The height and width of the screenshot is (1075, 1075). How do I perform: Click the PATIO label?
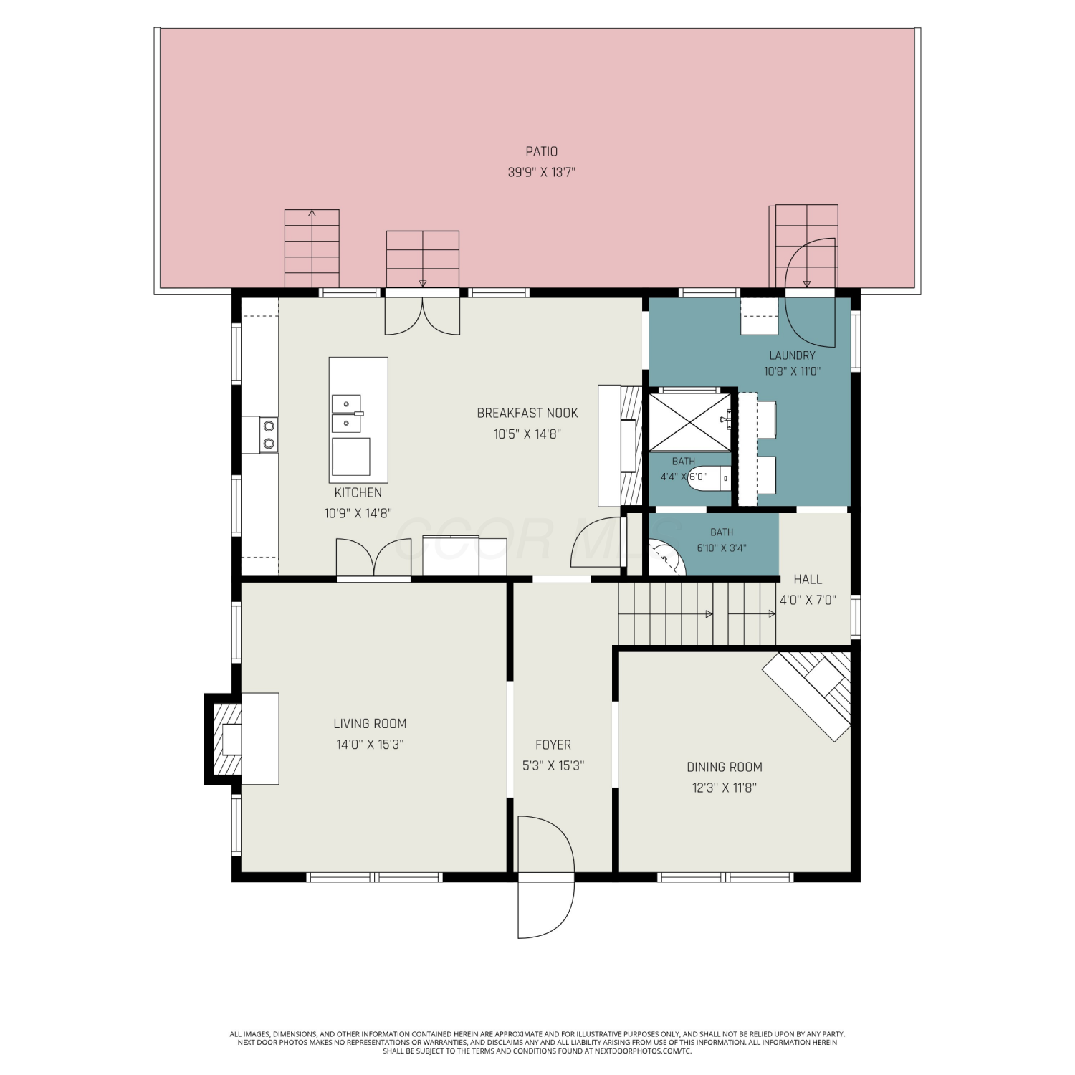[541, 151]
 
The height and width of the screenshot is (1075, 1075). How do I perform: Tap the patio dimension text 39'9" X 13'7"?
[542, 172]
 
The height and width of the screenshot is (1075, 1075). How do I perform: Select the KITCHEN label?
[358, 492]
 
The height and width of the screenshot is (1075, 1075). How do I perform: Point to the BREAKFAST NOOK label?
[527, 413]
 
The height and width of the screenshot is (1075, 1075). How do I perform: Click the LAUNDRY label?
[792, 355]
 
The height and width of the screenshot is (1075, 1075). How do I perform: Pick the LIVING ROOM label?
[370, 724]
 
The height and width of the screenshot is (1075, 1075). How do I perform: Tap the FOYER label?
[553, 745]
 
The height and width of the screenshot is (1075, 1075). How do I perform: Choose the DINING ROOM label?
[725, 767]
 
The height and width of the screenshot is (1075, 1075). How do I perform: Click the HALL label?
[808, 579]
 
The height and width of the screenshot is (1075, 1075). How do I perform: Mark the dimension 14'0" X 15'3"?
[370, 745]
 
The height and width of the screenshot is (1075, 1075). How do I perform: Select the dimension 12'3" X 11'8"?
[725, 788]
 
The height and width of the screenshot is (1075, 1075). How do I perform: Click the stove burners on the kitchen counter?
[269, 435]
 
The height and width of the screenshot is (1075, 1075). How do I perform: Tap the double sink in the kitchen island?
[347, 414]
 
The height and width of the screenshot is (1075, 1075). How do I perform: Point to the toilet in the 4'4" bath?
[709, 477]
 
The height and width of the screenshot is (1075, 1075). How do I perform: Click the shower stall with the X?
[689, 423]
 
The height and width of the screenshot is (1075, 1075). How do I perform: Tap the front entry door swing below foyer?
[547, 876]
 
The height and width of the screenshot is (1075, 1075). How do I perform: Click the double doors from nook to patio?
[422, 315]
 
